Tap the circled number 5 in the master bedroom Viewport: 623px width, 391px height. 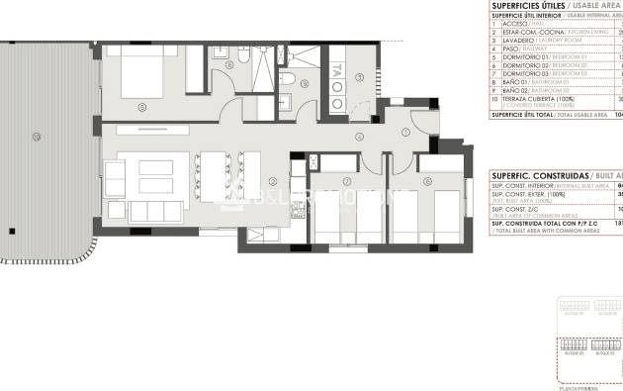click(141, 106)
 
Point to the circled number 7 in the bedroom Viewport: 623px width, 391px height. click(347, 181)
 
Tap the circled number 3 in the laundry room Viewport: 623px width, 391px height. click(359, 77)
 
